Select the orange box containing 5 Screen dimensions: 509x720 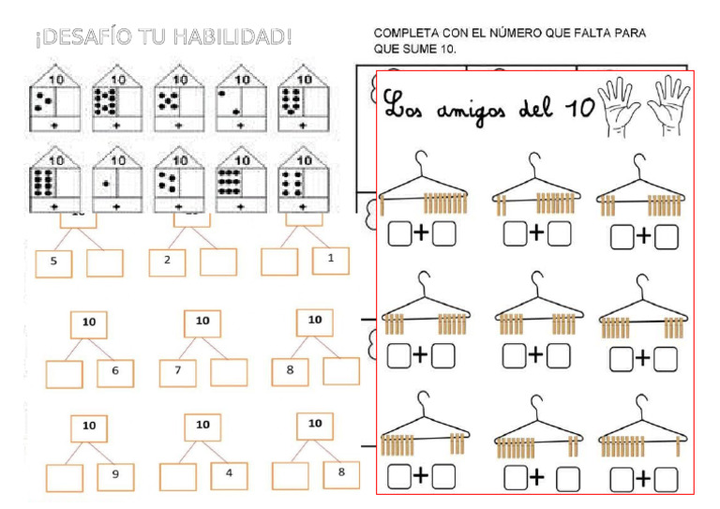[x=54, y=262]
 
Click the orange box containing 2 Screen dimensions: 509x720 [x=167, y=260]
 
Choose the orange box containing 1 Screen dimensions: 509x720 [x=330, y=258]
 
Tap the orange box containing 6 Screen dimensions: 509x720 [x=115, y=372]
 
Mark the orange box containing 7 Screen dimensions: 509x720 [x=177, y=371]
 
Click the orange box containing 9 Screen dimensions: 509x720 [x=115, y=475]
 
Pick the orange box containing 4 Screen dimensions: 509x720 [x=229, y=474]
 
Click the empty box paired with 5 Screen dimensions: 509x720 [x=104, y=262]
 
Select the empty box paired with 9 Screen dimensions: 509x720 [x=65, y=477]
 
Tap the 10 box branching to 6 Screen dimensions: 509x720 [x=89, y=323]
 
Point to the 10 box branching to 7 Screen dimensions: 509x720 [x=202, y=322]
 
